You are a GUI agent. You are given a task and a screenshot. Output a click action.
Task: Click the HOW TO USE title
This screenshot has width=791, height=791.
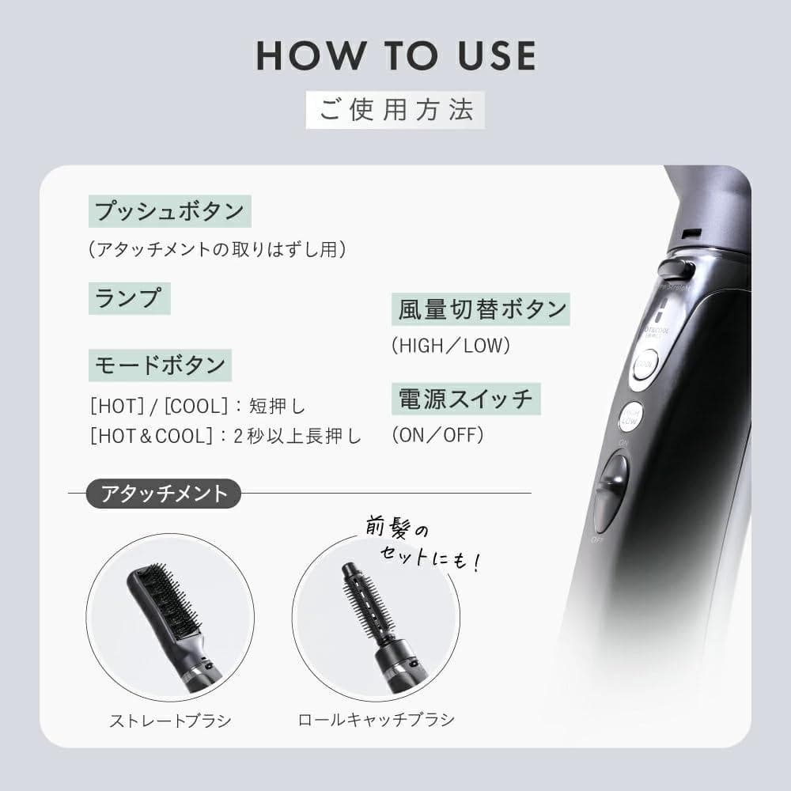(x=395, y=55)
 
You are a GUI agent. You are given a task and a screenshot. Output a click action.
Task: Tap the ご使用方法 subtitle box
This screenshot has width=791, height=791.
(x=395, y=110)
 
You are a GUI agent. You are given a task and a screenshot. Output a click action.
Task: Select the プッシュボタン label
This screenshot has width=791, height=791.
(x=169, y=211)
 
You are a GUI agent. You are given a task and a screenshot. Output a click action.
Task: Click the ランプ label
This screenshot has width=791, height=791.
(x=128, y=298)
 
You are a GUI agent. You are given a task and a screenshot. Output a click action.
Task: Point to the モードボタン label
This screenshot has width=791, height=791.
(x=161, y=365)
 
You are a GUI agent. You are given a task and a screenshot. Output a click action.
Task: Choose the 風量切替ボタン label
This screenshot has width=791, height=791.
(x=479, y=308)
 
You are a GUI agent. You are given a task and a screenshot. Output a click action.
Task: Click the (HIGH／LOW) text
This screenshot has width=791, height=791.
(x=451, y=346)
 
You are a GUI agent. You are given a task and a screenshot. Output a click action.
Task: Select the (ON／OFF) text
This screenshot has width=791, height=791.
(x=437, y=435)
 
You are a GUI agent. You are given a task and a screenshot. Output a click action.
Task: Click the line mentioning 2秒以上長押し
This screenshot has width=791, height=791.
(x=225, y=436)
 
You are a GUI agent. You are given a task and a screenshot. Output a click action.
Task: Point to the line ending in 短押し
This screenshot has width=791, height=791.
(x=197, y=407)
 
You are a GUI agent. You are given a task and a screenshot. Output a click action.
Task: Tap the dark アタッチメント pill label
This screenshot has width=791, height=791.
(x=164, y=494)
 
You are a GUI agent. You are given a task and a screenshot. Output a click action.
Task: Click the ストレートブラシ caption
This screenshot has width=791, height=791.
(x=170, y=721)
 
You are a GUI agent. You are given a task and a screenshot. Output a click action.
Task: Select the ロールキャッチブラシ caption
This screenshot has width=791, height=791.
(x=376, y=721)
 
